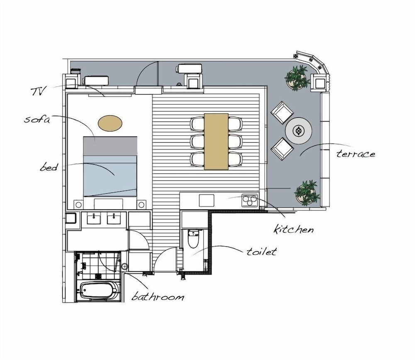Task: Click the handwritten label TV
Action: [38, 91]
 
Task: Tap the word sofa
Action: [37, 119]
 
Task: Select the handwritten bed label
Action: [49, 167]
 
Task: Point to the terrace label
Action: [356, 154]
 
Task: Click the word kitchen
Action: [293, 229]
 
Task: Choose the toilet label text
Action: [261, 251]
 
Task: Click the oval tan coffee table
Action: [110, 123]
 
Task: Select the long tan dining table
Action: [216, 141]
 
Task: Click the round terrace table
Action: [298, 131]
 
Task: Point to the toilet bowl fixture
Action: [193, 238]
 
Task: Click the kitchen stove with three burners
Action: [249, 201]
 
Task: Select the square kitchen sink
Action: [206, 200]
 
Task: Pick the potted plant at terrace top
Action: [297, 78]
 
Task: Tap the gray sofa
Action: [110, 146]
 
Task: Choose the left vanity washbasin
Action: [94, 219]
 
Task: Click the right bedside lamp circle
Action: [142, 204]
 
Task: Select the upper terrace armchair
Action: [282, 112]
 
